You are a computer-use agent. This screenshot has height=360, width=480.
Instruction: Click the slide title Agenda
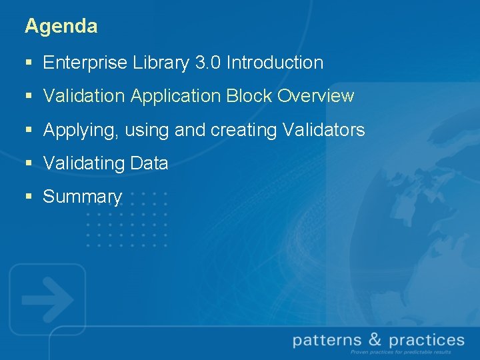tap(61, 27)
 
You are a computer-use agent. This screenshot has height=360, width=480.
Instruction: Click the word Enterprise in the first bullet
tap(85, 63)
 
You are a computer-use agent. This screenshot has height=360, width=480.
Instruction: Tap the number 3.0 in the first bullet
tap(209, 63)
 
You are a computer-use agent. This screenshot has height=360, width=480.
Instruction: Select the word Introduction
tap(275, 63)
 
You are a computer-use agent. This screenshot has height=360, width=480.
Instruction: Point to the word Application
tap(175, 97)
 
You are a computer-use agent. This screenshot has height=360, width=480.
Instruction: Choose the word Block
tap(249, 97)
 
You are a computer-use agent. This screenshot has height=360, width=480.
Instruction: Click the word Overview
tap(316, 97)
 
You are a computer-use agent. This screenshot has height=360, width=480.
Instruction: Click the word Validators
tap(323, 130)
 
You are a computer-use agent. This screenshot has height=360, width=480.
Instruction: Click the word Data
tap(149, 163)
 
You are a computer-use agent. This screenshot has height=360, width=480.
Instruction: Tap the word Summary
tap(82, 197)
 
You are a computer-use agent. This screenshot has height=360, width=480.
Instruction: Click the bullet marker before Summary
tap(28, 197)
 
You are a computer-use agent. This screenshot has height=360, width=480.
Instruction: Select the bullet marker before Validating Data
tap(28, 164)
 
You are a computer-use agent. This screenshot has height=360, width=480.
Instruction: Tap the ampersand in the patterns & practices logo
tap(375, 341)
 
